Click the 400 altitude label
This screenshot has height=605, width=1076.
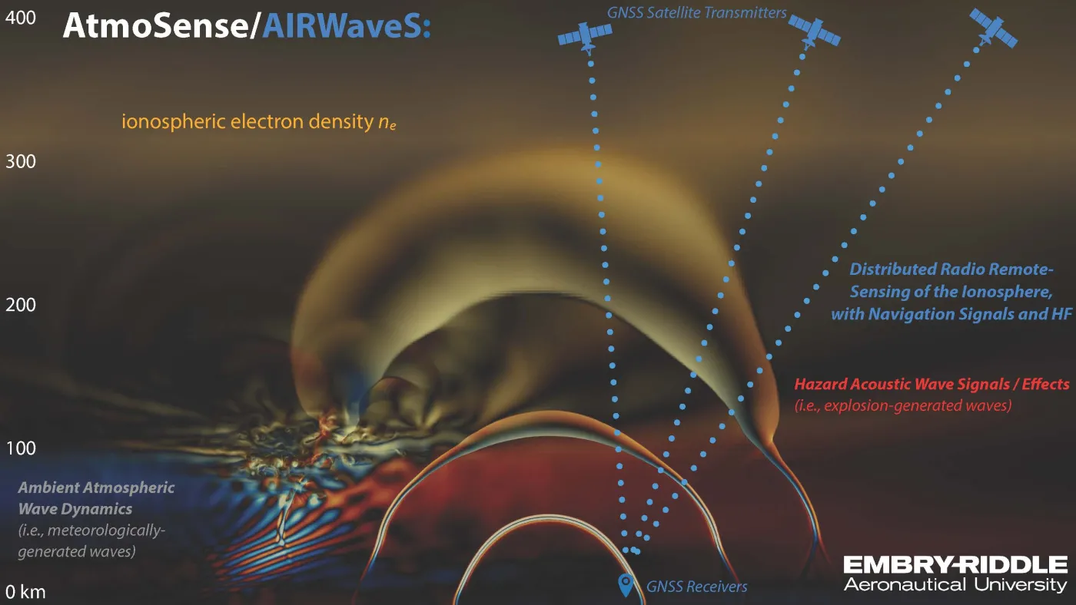(21, 18)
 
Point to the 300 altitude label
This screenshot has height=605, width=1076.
(21, 162)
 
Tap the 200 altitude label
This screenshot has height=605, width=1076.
(21, 305)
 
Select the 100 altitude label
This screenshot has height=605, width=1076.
(21, 448)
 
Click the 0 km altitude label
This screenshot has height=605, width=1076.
(25, 592)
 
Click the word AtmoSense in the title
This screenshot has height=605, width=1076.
(156, 25)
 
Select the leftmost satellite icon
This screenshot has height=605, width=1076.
(585, 36)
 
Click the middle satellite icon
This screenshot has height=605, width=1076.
(814, 31)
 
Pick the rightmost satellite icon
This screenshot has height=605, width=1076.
(993, 28)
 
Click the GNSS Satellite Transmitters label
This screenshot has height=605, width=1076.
(696, 12)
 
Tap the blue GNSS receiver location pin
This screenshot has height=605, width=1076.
(626, 585)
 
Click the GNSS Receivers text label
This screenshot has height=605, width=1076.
(696, 587)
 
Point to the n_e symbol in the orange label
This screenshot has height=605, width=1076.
(387, 122)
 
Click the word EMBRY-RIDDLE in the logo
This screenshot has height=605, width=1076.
(955, 565)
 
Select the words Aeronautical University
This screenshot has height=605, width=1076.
(955, 584)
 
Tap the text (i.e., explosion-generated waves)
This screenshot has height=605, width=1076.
(903, 405)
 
